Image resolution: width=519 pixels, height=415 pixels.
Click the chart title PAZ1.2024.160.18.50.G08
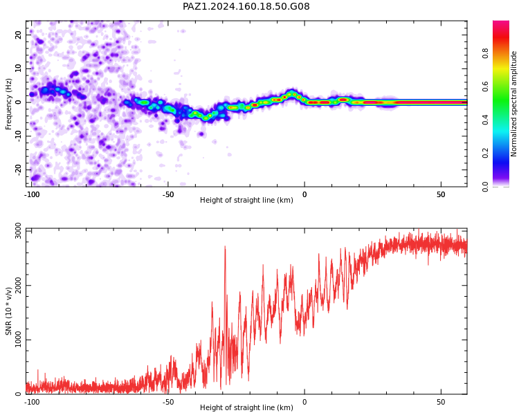246,6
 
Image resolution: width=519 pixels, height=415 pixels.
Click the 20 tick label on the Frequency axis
18,35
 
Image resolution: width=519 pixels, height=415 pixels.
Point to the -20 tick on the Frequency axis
18,169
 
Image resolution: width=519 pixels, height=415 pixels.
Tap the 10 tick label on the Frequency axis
18,68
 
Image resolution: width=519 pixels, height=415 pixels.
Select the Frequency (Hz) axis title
8,104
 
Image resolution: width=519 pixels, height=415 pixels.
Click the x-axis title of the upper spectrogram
246,200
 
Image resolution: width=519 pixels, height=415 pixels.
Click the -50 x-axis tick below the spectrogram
168,194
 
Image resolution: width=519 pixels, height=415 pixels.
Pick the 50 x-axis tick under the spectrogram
441,194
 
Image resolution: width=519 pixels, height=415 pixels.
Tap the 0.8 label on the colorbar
485,53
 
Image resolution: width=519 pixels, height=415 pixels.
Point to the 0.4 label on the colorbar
485,120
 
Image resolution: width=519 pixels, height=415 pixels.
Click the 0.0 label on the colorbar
485,187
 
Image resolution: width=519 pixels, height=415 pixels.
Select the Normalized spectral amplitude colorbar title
513,104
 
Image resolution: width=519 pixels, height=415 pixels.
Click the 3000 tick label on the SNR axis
18,230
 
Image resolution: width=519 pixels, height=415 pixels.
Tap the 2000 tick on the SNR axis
18,285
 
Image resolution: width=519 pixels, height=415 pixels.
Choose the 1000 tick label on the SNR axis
18,340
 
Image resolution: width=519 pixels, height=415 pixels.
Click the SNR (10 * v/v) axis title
8,311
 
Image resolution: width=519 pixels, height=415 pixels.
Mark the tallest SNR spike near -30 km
225,246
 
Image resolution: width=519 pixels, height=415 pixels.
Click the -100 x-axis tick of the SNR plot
32,402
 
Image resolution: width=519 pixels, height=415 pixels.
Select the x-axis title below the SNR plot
246,407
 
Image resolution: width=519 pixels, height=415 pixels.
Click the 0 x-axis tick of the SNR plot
304,402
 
